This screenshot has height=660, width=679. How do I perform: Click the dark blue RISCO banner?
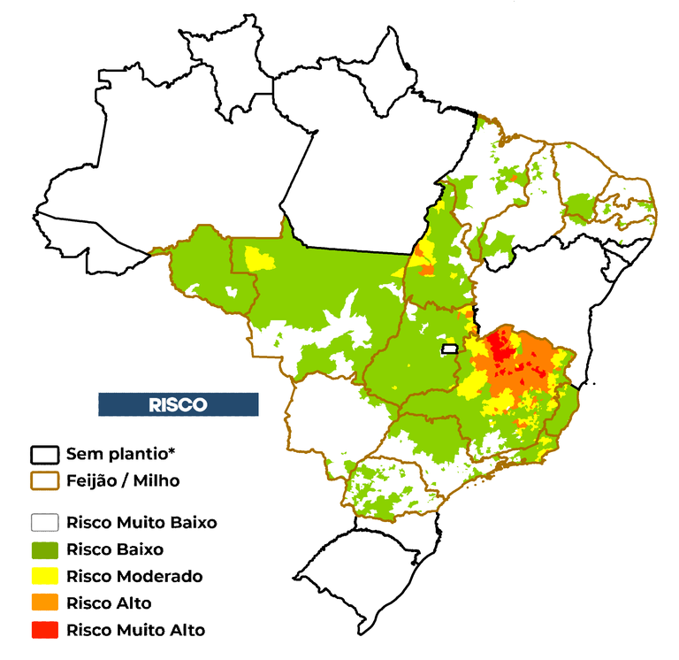click(x=178, y=404)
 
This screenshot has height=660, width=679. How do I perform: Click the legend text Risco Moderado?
click(x=134, y=576)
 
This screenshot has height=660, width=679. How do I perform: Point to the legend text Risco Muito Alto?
click(x=135, y=630)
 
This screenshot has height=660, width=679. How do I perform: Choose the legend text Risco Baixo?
click(x=114, y=549)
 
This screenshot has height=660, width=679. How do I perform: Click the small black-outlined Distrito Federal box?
click(x=450, y=349)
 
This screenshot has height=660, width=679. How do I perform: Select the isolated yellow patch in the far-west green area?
click(x=258, y=258)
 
